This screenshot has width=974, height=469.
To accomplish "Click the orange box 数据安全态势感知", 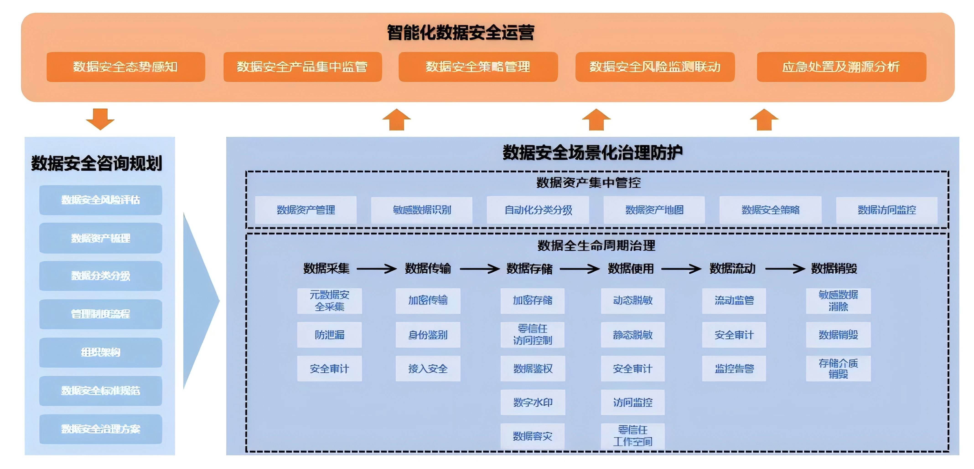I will (126, 67).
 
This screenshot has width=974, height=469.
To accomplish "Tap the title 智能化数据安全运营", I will (461, 33).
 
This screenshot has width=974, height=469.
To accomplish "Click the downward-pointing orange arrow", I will (100, 119).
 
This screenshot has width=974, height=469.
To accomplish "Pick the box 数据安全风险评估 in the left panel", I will (101, 200).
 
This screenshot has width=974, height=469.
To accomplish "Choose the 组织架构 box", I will (101, 352).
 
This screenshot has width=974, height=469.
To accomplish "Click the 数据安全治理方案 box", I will (101, 429).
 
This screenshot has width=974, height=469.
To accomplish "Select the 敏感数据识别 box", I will (422, 210).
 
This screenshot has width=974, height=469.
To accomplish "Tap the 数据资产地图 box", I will (654, 210).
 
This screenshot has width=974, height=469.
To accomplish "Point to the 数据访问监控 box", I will (887, 210).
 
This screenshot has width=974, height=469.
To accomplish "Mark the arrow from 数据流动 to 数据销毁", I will (785, 269).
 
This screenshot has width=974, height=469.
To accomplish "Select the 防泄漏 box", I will (329, 335).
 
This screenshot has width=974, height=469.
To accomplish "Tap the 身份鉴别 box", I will (428, 335).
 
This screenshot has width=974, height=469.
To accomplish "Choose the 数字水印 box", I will (533, 402).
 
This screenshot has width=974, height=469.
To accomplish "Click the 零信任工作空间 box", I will (632, 436).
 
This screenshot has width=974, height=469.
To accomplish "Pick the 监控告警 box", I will (734, 368).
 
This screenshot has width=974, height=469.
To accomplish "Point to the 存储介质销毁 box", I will (838, 368).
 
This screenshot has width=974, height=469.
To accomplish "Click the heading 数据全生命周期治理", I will (596, 246).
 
